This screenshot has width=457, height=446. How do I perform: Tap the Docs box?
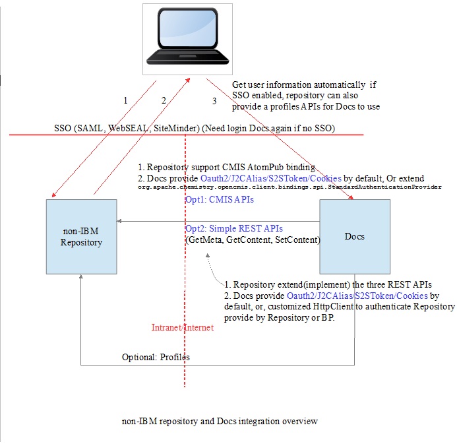[355, 237]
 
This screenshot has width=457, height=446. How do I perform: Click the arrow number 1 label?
[125, 101]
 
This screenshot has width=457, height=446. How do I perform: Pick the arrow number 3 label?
[214, 101]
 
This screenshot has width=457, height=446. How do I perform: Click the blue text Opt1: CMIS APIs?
[219, 199]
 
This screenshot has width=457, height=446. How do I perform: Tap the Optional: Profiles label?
[156, 357]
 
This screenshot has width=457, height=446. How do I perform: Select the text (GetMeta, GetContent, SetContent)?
[253, 240]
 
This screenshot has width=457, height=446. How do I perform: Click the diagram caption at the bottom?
[220, 420]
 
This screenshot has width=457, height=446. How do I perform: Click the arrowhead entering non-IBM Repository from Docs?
[121, 222]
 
